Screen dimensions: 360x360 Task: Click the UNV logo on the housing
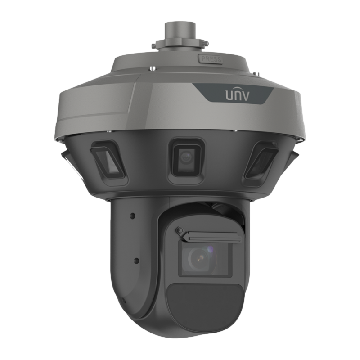tap(237, 95)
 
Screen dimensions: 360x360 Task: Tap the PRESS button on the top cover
tap(211, 59)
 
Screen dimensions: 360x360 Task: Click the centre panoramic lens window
tap(185, 158)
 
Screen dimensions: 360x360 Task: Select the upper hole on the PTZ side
tap(132, 216)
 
